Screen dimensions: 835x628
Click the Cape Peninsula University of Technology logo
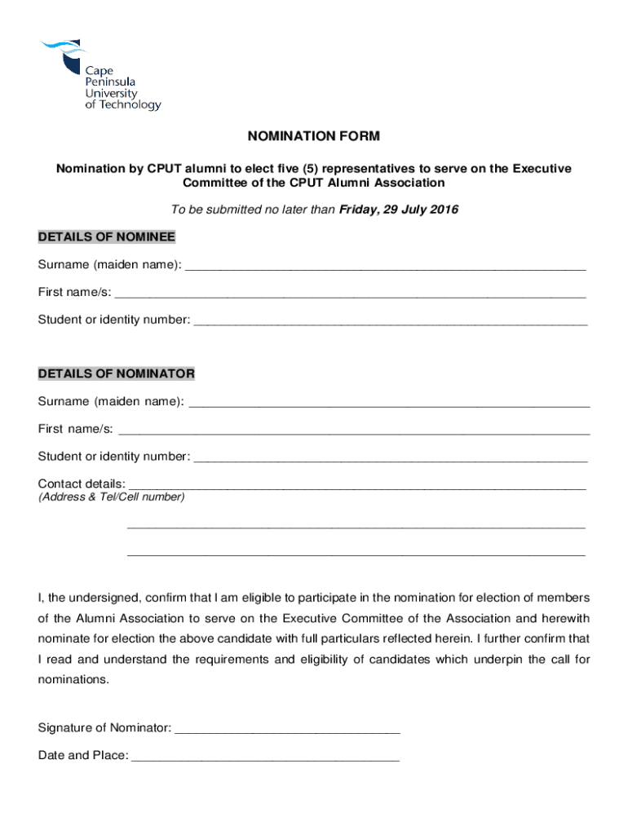pos(100,76)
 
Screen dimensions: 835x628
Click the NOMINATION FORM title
pos(314,136)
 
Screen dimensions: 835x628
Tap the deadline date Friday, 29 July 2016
pos(399,210)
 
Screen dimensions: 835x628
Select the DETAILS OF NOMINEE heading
pos(107,237)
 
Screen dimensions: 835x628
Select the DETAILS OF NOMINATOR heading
pos(117,373)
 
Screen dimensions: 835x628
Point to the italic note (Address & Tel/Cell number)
pos(112,497)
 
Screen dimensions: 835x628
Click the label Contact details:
pos(82,484)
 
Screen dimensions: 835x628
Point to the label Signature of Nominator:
pos(105,727)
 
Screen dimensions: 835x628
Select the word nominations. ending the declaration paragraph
pos(73,679)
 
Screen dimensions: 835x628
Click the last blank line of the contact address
pos(356,554)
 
